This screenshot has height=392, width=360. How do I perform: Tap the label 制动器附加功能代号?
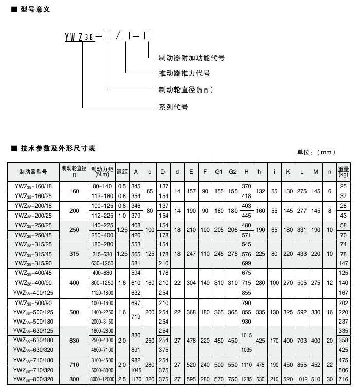191,58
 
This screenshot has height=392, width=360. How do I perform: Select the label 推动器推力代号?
184,73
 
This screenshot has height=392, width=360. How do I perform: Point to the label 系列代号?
173,107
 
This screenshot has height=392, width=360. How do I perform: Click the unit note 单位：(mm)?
316,152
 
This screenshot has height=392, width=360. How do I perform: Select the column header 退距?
122,172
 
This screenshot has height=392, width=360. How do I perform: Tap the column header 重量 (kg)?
343,172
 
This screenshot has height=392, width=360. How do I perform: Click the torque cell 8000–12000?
102,379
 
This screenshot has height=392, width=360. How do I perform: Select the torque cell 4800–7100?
102,350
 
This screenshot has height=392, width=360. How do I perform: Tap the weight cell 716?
343,379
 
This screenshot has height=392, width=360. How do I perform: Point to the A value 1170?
136,379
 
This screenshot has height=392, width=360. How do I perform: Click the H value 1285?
247,379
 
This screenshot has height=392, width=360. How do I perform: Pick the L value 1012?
301,379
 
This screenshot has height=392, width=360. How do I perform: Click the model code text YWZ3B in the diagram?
80,37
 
